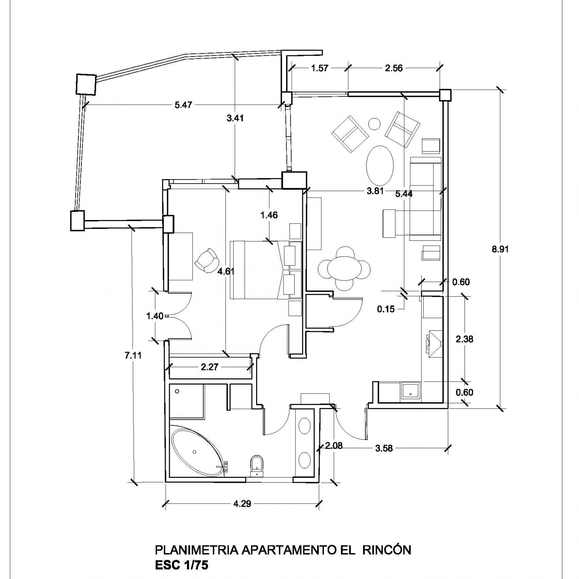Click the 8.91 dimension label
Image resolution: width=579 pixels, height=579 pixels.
click(500, 249)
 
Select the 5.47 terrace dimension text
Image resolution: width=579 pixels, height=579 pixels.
click(183, 105)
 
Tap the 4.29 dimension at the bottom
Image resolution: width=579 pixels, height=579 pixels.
click(242, 504)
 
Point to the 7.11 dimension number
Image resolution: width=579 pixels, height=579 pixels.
click(133, 355)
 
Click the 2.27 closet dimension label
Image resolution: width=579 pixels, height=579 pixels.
click(210, 367)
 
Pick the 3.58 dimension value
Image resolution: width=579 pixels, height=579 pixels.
click(384, 448)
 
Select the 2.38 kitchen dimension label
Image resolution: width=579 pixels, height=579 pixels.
click(464, 339)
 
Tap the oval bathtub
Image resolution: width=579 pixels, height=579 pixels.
click(198, 452)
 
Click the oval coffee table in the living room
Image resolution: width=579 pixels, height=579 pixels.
click(379, 164)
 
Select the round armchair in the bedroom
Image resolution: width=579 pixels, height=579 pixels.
click(207, 260)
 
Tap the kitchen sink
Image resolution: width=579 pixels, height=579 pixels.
click(411, 391)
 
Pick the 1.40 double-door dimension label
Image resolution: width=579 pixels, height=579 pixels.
click(155, 316)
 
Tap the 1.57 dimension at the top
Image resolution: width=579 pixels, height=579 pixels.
click(320, 68)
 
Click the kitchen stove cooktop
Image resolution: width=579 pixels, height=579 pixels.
click(433, 343)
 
